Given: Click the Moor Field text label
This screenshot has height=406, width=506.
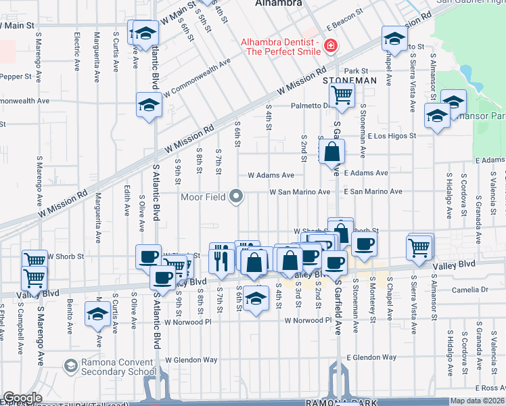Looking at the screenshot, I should [202, 197].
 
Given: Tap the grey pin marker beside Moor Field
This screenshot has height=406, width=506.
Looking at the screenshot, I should [236, 197].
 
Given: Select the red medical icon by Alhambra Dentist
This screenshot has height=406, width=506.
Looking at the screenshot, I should [330, 47].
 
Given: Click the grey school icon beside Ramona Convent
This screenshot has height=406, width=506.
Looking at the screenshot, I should [70, 367].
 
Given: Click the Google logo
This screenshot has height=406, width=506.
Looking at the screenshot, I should [22, 398].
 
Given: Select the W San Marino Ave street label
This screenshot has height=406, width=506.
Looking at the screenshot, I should [300, 192].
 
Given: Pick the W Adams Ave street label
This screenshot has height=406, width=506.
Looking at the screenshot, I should [271, 175].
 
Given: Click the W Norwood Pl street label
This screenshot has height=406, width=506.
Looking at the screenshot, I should [308, 321].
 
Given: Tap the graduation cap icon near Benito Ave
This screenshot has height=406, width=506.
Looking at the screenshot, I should [99, 315].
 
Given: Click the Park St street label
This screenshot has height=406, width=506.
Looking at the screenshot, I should [355, 70].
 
